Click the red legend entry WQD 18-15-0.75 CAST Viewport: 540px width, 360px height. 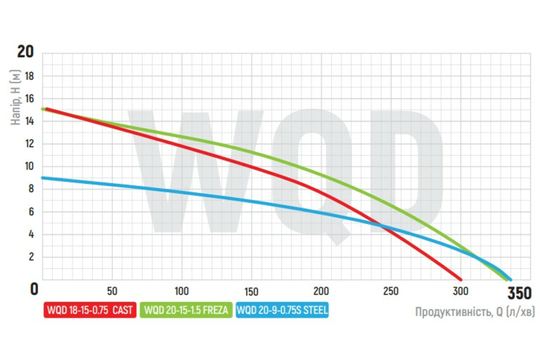click(90, 310)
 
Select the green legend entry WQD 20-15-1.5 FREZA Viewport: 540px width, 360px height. click(186, 310)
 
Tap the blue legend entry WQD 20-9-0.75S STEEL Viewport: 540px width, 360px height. click(282, 310)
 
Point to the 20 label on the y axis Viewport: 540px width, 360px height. click(25, 52)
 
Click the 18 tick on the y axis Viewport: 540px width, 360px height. click(29, 76)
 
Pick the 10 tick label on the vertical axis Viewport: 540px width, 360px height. click(29, 166)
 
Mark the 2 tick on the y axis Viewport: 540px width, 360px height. click(31, 257)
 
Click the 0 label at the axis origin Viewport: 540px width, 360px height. click(34, 289)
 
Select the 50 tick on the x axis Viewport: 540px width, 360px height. click(112, 291)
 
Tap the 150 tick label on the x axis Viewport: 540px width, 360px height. click(252, 291)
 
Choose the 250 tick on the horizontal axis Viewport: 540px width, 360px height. click(391, 291)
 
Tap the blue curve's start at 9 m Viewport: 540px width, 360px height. click(43, 178)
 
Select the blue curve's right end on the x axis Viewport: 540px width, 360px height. click(509, 279)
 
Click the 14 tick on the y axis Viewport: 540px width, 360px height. click(29, 121)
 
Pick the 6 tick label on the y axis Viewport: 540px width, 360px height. click(31, 212)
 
